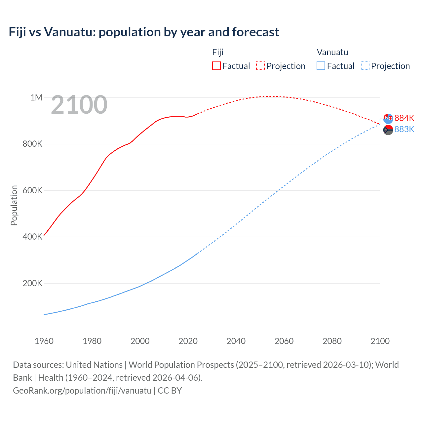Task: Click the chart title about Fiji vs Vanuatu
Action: (144, 32)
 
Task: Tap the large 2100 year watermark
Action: (79, 105)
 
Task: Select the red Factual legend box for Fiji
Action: (216, 66)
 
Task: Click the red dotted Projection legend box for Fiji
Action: (260, 66)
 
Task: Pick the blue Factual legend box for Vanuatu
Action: (321, 66)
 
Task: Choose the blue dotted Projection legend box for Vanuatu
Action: (365, 66)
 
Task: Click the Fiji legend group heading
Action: (218, 52)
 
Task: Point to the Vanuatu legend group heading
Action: (332, 52)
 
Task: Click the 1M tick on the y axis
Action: (36, 97)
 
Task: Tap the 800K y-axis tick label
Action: (32, 144)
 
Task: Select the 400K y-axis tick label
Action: (32, 237)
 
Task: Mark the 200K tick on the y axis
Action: (32, 284)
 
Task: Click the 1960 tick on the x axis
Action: (44, 341)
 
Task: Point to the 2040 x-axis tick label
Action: (236, 341)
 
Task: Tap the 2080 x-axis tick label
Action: (332, 341)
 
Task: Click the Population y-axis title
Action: (14, 205)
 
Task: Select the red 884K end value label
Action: (404, 118)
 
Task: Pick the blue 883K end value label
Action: (404, 129)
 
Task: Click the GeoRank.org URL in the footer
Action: (82, 391)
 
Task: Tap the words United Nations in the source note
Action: (94, 365)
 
